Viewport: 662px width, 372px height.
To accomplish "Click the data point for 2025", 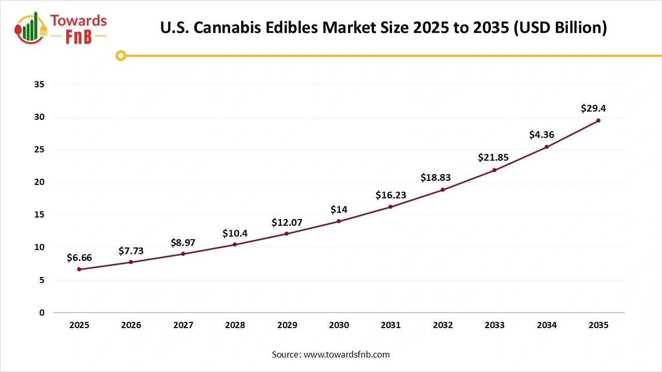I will click(x=79, y=269).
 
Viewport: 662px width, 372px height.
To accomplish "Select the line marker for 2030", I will click(x=339, y=221).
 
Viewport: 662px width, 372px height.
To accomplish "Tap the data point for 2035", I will click(x=598, y=120).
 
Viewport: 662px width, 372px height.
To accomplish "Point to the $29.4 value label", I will click(x=593, y=109).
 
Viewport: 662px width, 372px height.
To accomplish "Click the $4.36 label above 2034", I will click(x=541, y=135).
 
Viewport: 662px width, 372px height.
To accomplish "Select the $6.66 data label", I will click(x=79, y=257).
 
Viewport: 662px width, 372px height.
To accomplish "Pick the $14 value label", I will click(x=339, y=209).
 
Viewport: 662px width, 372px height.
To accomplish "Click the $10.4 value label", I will click(x=235, y=233).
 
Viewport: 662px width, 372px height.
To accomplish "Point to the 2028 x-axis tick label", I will click(x=235, y=325).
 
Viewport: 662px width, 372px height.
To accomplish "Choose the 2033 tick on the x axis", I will click(x=494, y=325).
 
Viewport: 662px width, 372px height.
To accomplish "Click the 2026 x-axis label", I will click(x=131, y=325).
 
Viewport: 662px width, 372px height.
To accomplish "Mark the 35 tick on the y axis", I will click(x=39, y=84).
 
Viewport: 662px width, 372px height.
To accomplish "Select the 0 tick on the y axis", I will click(x=42, y=313).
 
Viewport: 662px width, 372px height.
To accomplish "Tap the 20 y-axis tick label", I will click(x=39, y=182).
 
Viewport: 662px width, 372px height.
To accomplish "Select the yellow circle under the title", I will click(x=121, y=55).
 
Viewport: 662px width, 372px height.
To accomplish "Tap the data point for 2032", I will click(x=443, y=190).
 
